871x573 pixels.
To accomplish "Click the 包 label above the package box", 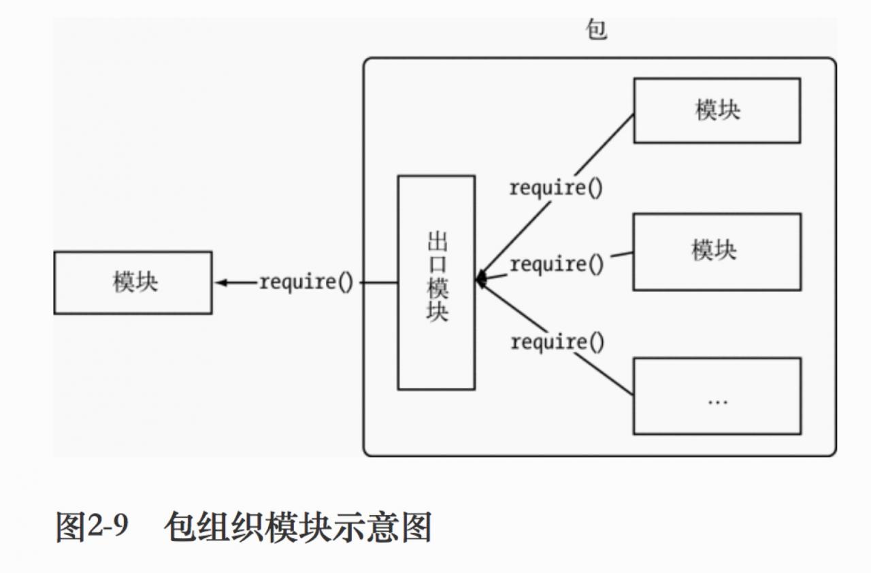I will click(597, 31).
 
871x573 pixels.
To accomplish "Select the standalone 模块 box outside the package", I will click(133, 282).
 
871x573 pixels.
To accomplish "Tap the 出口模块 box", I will click(436, 282).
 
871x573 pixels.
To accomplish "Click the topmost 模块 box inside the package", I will click(717, 110).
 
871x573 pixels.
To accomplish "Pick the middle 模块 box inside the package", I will click(717, 252).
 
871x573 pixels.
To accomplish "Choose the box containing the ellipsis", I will click(717, 396).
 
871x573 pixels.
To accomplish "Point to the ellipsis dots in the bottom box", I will click(717, 402).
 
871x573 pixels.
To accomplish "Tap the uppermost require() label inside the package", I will click(556, 188).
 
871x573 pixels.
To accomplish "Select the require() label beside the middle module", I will click(557, 264).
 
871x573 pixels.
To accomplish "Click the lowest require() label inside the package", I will click(557, 342).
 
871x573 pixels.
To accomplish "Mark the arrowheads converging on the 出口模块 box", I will click(480, 279).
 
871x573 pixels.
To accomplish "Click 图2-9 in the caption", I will click(91, 527).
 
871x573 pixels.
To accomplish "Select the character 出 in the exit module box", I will click(436, 243).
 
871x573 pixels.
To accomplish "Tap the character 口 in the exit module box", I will click(436, 266).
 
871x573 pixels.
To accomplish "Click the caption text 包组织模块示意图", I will click(298, 527).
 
